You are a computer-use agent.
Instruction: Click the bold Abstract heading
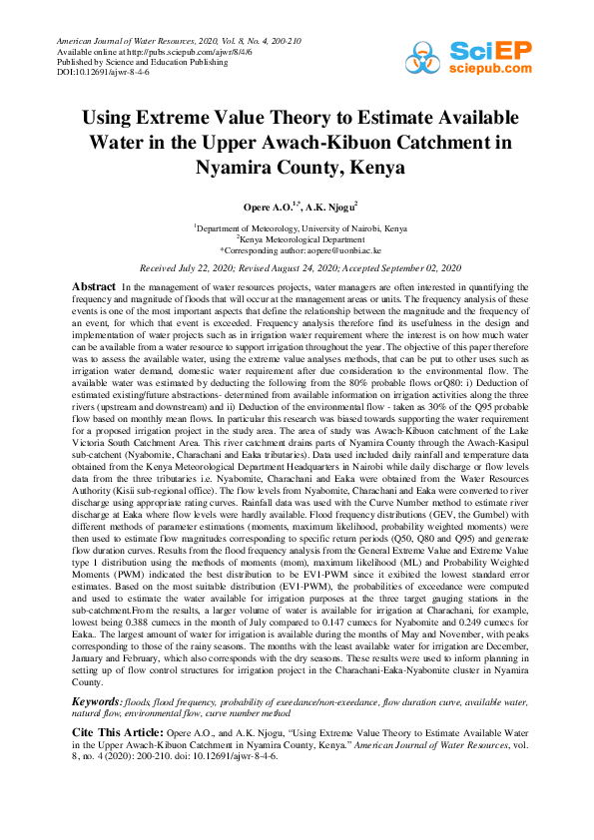[x=94, y=286]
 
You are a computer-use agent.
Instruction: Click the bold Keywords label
[x=99, y=703]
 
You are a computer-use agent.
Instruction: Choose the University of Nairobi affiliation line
[x=297, y=228]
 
